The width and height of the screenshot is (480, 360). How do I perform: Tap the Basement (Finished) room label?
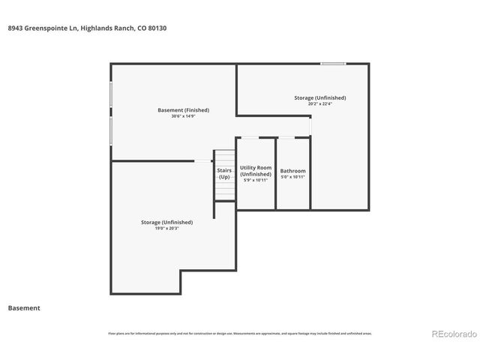pos(183,110)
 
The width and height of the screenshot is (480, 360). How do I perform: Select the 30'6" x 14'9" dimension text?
pos(183,116)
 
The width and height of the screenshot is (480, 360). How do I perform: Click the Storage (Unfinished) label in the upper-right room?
pos(319,97)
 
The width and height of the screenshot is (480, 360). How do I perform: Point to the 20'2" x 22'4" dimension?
pos(319,104)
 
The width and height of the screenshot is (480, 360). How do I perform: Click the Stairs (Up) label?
pos(224,174)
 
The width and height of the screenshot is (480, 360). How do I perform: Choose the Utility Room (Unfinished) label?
pos(255,171)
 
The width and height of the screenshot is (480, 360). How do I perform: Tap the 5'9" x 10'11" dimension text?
pos(255,180)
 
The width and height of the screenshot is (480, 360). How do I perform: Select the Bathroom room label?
pos(292,171)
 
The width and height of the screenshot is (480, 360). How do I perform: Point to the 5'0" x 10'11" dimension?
pos(292,177)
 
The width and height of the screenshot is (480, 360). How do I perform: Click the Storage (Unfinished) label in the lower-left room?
pos(166,222)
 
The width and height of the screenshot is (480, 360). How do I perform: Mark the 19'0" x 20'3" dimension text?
pos(166,228)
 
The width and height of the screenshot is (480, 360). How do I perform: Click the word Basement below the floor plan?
pos(24,308)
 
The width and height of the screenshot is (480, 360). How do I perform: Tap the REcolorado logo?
pos(452,334)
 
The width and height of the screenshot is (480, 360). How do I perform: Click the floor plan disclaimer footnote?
pos(240,333)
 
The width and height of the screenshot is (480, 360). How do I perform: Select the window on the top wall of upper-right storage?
pos(332,64)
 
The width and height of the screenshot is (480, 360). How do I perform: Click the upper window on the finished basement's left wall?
pos(112,95)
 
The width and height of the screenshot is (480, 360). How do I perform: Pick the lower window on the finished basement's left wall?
pos(112,130)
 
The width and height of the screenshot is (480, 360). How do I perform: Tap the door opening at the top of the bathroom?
pos(286,137)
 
